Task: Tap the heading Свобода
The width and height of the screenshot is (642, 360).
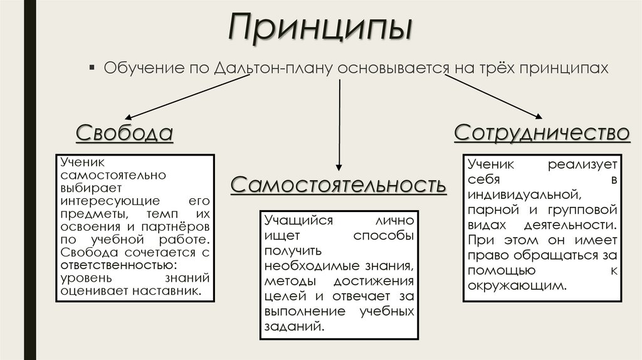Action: coord(124,134)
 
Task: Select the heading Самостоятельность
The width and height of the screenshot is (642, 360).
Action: coord(339,185)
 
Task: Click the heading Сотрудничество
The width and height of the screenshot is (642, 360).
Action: coord(542,133)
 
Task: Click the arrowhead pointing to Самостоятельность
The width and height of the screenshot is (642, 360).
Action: coord(339,167)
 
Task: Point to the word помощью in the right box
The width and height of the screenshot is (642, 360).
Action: coord(502,270)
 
